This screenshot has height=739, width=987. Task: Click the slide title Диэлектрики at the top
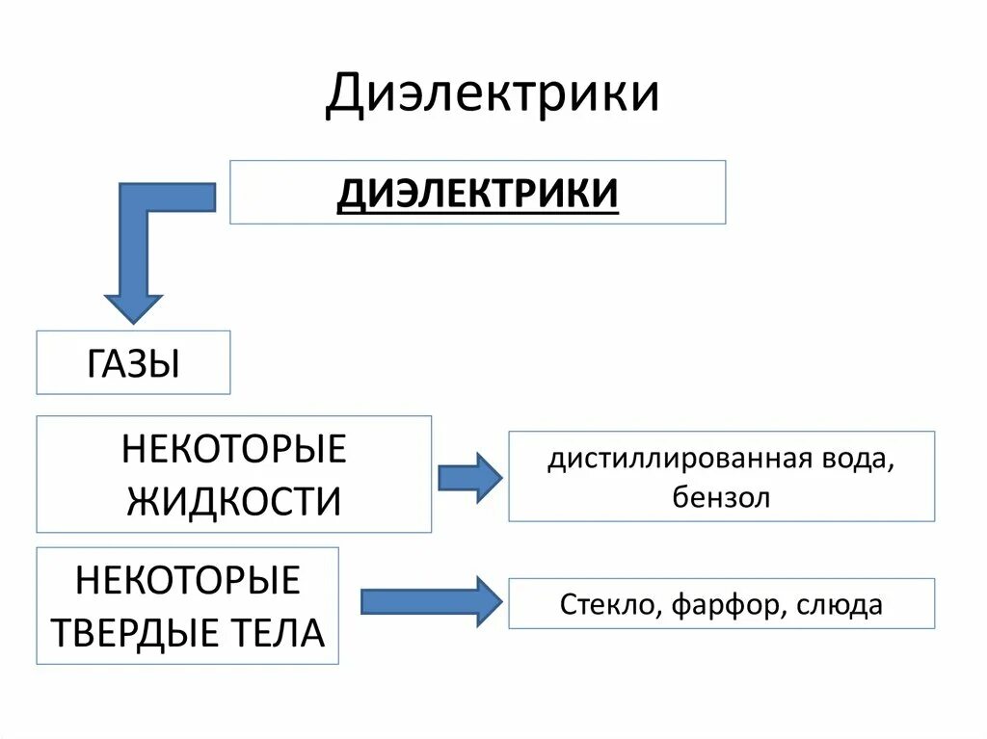[x=492, y=94]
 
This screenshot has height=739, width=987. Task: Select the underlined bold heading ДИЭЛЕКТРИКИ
[x=477, y=193]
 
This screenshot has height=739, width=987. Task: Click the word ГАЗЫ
[x=133, y=363]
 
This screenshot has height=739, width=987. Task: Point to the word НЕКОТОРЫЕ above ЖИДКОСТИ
[x=233, y=450]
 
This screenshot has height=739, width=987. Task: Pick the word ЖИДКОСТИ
[x=233, y=501]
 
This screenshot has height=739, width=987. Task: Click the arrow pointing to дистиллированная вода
[x=469, y=477]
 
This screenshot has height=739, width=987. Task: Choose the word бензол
[x=721, y=498]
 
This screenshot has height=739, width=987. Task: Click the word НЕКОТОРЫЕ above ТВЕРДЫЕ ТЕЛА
[x=188, y=581]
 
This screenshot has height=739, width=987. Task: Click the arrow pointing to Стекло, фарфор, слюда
[x=431, y=602]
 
